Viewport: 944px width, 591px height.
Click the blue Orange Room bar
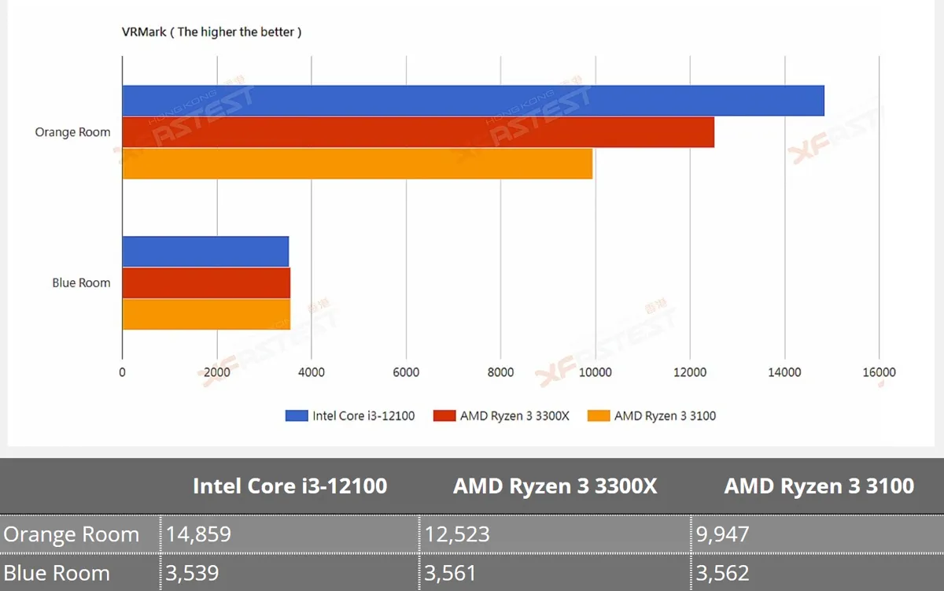tap(474, 100)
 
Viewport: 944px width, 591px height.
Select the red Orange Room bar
tap(419, 132)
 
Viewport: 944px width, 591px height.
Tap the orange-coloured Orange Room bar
tap(357, 164)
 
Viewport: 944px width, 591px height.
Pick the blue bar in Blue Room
tap(205, 251)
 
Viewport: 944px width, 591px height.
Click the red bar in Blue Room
tap(206, 283)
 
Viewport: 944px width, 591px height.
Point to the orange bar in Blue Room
tap(206, 315)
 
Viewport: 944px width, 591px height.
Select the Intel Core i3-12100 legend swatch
tap(297, 416)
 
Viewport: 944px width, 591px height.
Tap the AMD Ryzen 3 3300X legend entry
tap(501, 416)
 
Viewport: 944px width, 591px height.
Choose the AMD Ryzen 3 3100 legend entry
tap(651, 416)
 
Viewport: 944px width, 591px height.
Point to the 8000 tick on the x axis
tap(500, 372)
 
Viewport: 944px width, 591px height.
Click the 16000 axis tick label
tap(879, 372)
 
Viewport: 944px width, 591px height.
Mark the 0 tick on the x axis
tap(122, 372)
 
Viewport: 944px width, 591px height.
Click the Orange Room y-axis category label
tap(72, 132)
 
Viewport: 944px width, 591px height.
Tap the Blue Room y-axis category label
tap(81, 283)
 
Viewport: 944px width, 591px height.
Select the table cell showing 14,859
tap(289, 534)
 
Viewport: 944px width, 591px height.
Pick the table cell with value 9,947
tap(817, 534)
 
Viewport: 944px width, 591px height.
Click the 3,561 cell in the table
tap(555, 573)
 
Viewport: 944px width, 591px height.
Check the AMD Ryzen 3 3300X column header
tap(555, 486)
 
